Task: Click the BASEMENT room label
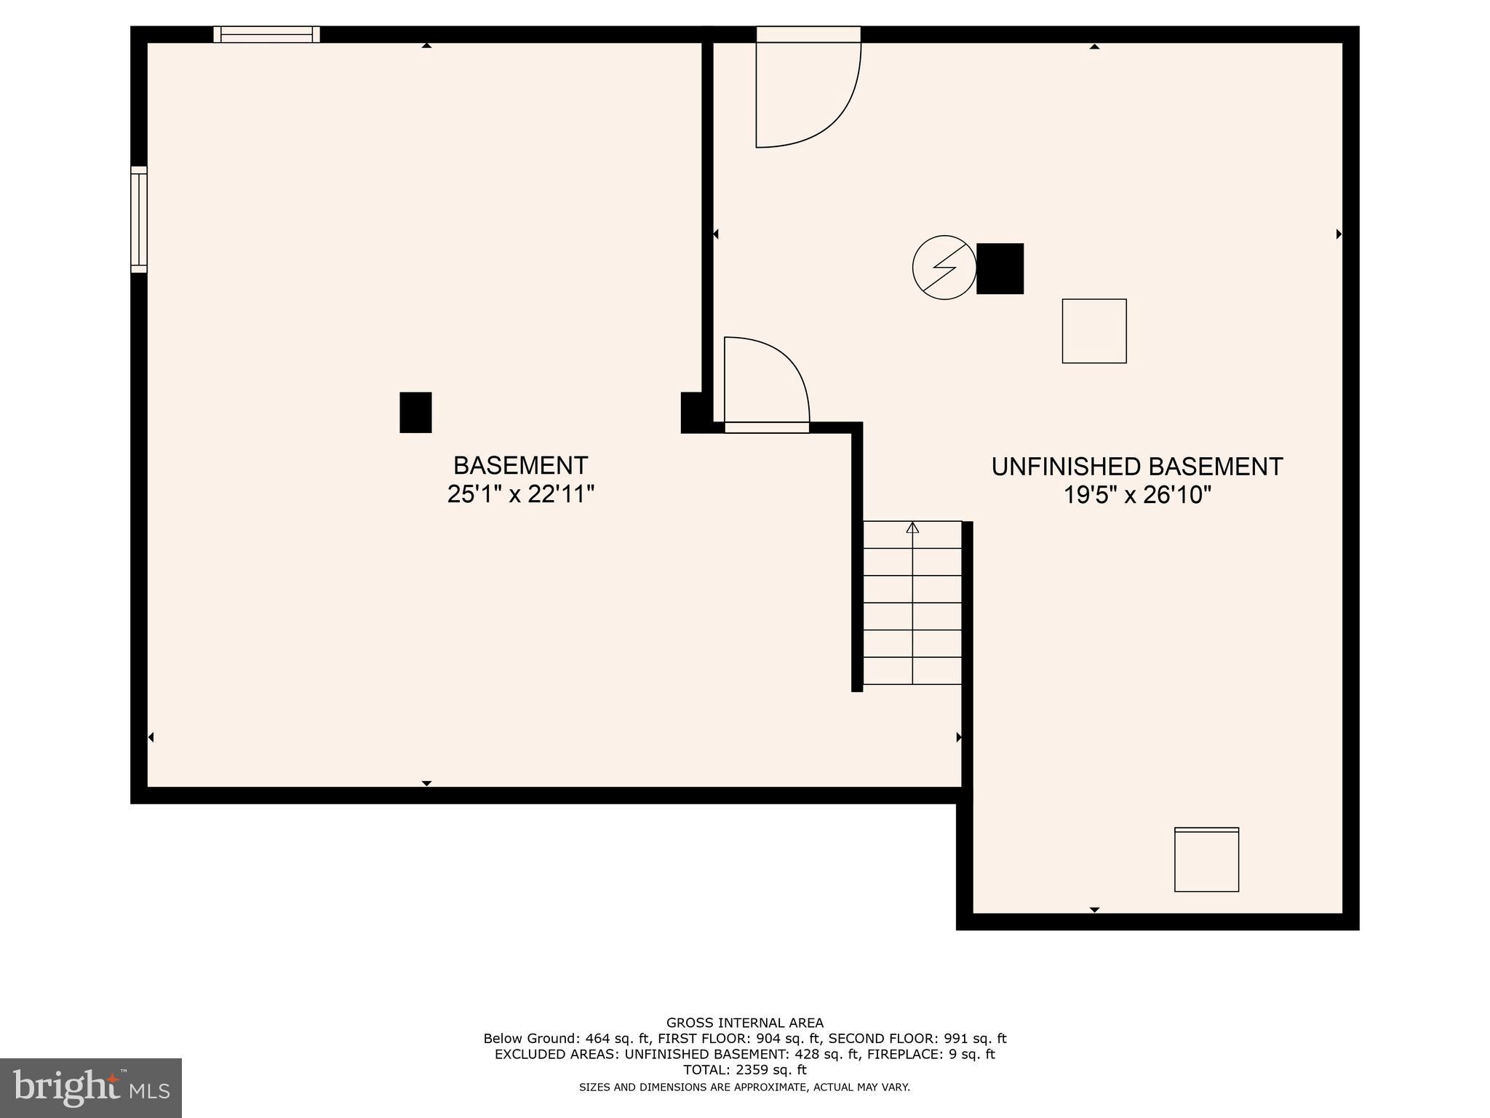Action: coord(520,465)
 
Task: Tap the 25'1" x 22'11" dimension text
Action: coord(520,495)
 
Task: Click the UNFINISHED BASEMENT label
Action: coord(1136,467)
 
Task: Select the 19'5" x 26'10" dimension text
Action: coord(1136,496)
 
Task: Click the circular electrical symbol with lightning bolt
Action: coord(944,267)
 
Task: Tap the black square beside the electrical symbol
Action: coord(1000,269)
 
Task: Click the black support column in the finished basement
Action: coord(415,413)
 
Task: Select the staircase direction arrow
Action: coord(912,528)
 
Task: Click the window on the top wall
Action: coord(266,34)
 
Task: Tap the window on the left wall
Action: coord(139,219)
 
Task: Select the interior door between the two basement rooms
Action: coord(766,386)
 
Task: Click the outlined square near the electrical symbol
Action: coord(1093,331)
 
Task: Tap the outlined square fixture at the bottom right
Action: coord(1206,860)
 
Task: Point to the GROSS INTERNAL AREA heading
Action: coord(744,1023)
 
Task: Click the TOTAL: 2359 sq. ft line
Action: coord(744,1069)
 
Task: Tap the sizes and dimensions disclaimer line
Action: coord(744,1087)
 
